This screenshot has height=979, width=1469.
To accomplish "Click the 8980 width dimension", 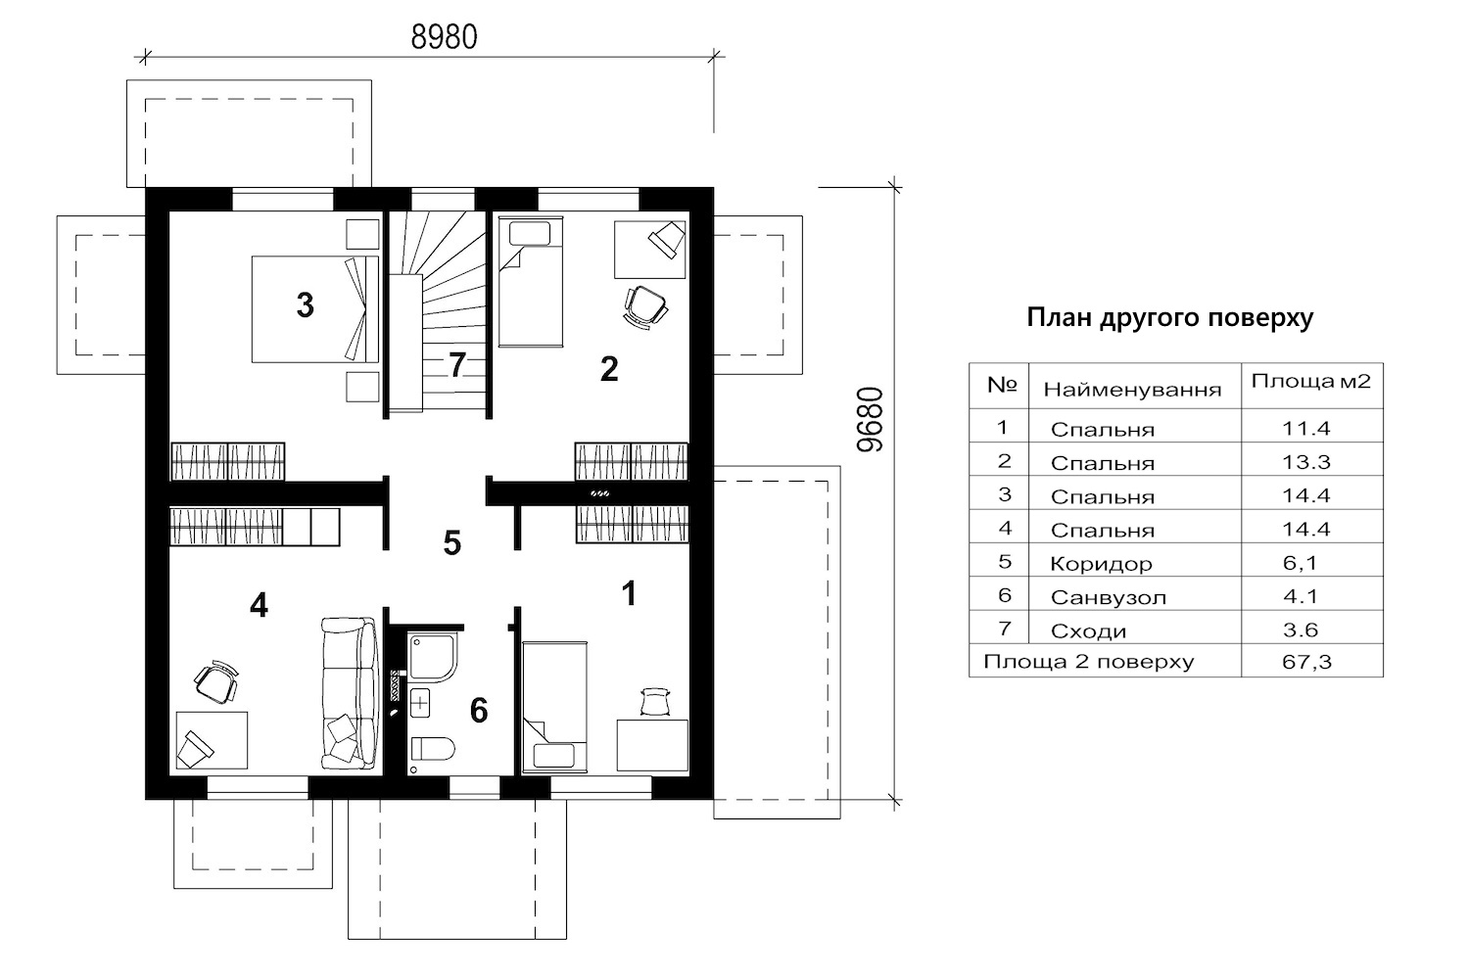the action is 444,37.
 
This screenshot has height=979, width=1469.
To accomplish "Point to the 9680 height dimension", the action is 871,420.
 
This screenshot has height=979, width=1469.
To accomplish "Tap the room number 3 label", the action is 305,304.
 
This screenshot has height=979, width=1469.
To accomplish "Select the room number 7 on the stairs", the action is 457,365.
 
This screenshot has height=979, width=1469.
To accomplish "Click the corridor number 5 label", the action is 451,543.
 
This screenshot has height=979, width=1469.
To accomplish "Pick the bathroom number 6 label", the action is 479,711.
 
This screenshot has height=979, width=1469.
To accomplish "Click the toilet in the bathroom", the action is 432,750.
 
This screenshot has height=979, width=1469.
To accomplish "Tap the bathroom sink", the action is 420,704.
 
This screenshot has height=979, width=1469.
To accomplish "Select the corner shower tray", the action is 432,656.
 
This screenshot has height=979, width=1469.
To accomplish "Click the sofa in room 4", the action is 351,692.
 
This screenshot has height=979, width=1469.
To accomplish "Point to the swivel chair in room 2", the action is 644,306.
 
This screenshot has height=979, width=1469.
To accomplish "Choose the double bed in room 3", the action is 315,308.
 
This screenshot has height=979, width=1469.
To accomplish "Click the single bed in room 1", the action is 554,706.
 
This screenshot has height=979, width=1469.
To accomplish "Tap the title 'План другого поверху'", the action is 1170,318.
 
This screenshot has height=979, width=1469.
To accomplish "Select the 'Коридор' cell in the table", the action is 1101,563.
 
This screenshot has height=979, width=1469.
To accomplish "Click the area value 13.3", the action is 1305,462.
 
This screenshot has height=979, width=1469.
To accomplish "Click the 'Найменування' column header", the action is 1132,391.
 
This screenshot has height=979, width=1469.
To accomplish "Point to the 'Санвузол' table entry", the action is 1109,597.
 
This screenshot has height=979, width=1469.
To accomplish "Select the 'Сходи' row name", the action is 1088,631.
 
